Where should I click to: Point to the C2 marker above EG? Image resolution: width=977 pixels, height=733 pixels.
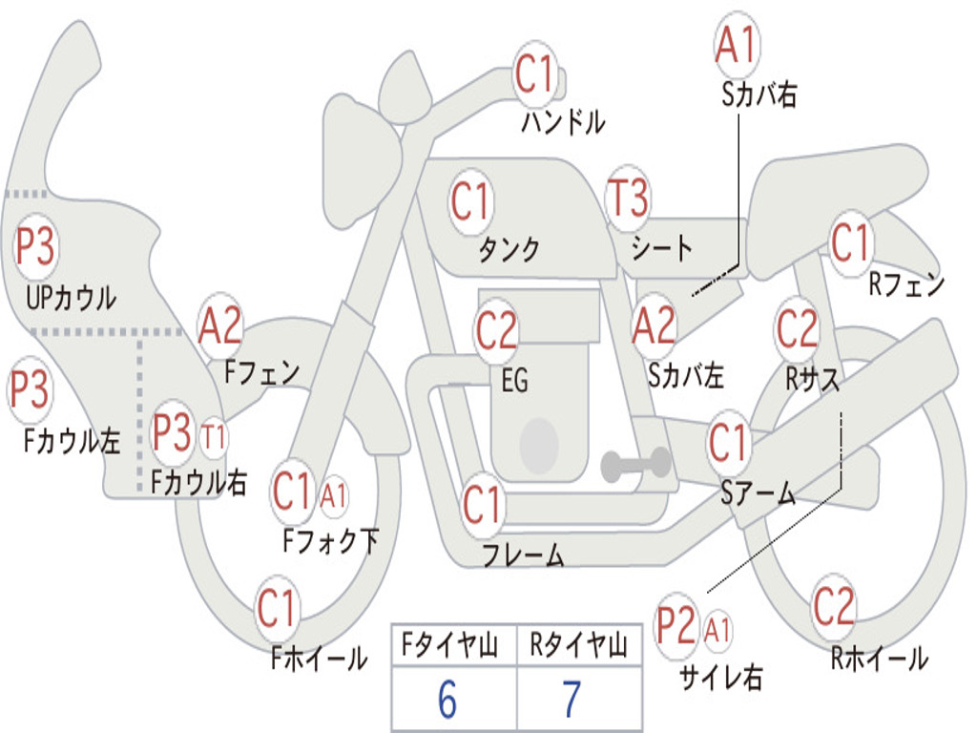(496, 329)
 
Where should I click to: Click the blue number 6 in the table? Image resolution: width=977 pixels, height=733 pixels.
(447, 700)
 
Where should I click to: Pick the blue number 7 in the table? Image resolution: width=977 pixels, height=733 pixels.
(572, 700)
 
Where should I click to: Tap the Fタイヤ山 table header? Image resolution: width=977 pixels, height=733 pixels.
(450, 646)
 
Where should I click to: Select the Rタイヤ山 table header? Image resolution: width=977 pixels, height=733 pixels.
(577, 646)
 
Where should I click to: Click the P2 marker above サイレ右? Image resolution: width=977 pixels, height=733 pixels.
(676, 625)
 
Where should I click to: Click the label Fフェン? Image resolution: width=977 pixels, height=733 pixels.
(261, 373)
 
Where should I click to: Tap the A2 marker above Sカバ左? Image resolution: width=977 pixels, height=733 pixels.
(654, 326)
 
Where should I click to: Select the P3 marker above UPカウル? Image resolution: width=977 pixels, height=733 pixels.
(35, 246)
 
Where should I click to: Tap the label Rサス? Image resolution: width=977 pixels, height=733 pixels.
(812, 379)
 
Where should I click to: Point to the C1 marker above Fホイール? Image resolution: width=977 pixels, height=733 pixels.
(276, 608)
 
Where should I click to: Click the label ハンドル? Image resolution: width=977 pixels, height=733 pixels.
(563, 122)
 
